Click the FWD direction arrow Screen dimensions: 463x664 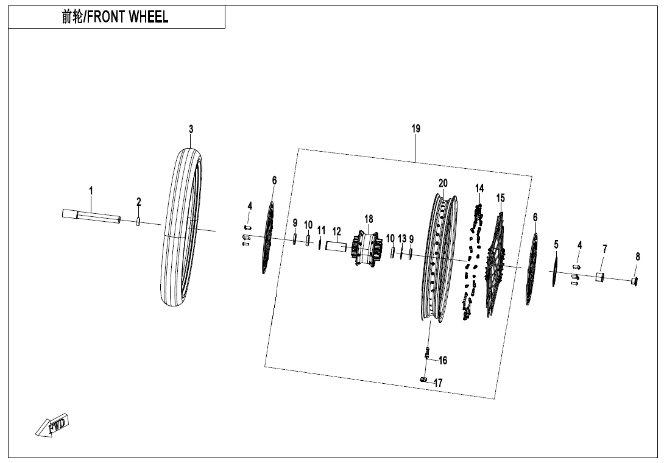pos(53,425)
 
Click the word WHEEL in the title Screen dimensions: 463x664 pos(148,17)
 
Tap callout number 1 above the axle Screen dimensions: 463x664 pos(91,191)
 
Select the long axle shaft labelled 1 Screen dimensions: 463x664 pos(91,216)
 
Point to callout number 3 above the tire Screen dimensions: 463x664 pos(191,129)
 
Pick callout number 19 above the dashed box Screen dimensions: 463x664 pos(415,129)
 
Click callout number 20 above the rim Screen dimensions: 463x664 pos(443,183)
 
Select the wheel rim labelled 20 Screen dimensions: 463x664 pos(439,256)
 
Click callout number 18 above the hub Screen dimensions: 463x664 pos(369,219)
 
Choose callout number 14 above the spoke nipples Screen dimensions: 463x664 pos(479,188)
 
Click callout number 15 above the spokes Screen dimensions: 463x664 pos(500,198)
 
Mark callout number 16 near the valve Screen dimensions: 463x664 pos(443,361)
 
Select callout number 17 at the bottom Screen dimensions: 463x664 pos(438,383)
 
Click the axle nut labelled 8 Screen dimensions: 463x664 pos(635,281)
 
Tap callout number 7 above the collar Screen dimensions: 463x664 pos(604,249)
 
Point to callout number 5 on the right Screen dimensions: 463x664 pos(556,244)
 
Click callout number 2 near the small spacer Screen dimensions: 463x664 pos(139,202)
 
